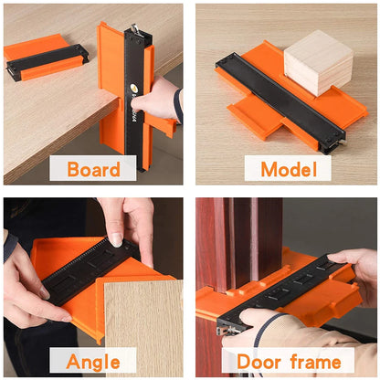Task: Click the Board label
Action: [x=94, y=169]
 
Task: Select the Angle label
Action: [x=92, y=361]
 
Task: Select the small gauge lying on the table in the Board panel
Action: [x=46, y=59]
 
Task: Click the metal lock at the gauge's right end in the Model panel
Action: [x=339, y=140]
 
